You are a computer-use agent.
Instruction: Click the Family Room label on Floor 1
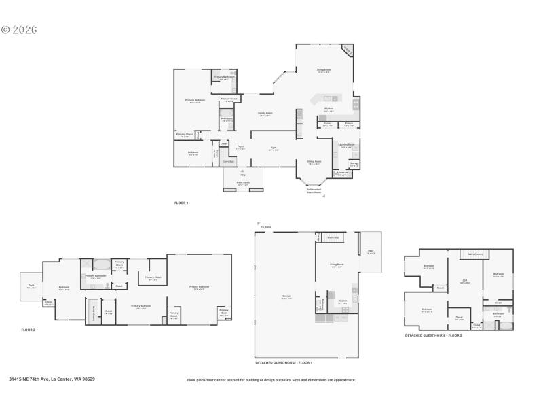(x=265, y=114)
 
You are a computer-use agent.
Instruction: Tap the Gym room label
(x=274, y=148)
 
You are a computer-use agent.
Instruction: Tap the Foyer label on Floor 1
(x=240, y=148)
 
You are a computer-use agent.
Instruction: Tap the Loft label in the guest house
(x=465, y=281)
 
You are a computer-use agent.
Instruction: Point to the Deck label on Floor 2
(x=31, y=286)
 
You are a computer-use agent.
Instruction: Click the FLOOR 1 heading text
(x=181, y=203)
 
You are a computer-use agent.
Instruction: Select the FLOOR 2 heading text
(x=28, y=330)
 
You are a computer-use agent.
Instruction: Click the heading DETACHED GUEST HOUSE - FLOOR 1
(x=284, y=362)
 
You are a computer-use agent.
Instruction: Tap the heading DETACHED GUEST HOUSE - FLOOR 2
(x=433, y=335)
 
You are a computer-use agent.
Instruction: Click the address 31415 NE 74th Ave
(x=52, y=379)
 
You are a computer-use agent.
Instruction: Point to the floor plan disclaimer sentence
(x=271, y=380)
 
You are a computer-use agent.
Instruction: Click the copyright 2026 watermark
(x=19, y=30)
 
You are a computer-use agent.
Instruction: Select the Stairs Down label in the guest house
(x=474, y=254)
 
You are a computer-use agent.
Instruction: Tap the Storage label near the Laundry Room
(x=354, y=164)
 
